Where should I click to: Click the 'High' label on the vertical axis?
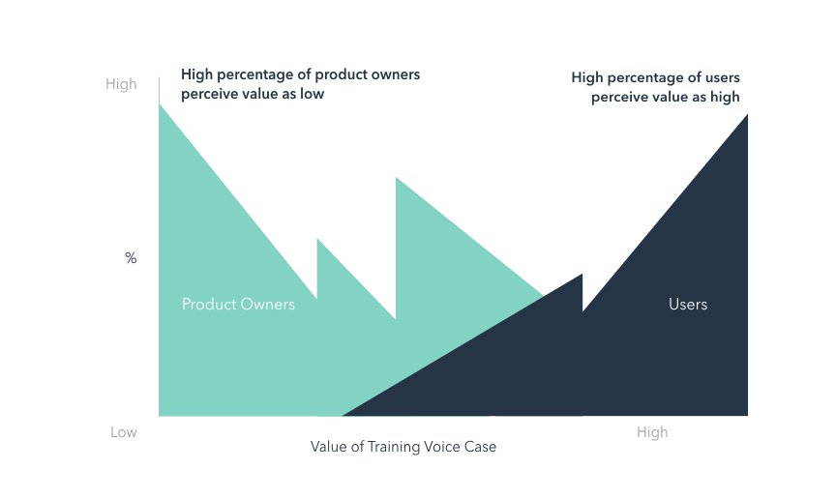point(121,84)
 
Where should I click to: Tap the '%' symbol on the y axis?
point(131,258)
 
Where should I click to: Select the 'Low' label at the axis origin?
point(123,432)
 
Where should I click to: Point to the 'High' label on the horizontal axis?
point(652,432)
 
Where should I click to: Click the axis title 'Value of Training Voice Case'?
point(403,447)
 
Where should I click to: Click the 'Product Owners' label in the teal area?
point(238,305)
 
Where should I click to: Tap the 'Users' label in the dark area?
point(688,305)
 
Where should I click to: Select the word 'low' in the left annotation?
point(312,94)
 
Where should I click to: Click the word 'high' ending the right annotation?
point(723,97)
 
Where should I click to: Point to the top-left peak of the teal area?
point(160,103)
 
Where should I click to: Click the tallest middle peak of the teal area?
point(397,178)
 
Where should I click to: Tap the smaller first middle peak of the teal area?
point(318,239)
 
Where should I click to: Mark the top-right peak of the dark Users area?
point(747,115)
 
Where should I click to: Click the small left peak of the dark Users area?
point(582,275)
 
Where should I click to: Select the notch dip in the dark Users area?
point(583,310)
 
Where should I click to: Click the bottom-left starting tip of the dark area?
point(343,416)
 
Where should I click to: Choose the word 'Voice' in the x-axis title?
point(444,447)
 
